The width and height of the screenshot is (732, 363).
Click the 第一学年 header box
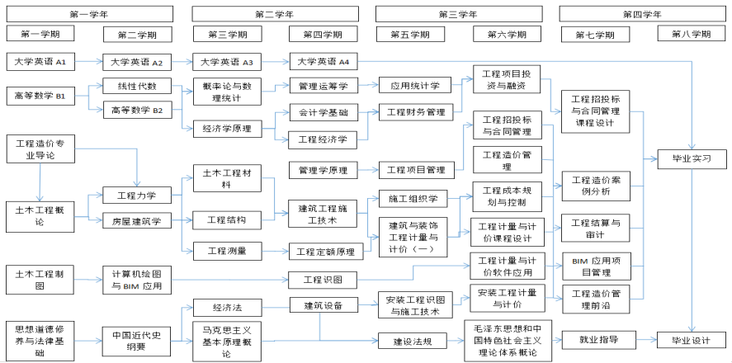[x=90, y=13]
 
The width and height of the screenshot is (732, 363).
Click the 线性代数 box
[x=137, y=86]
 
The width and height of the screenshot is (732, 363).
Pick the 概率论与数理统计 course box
[x=222, y=92]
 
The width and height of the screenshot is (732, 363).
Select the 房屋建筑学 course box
[x=137, y=220]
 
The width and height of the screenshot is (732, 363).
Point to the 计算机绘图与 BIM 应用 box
[x=137, y=280]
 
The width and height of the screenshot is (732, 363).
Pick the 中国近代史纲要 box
[x=137, y=340]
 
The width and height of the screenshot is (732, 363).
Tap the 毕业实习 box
[x=684, y=159]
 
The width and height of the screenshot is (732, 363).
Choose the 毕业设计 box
[x=684, y=340]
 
